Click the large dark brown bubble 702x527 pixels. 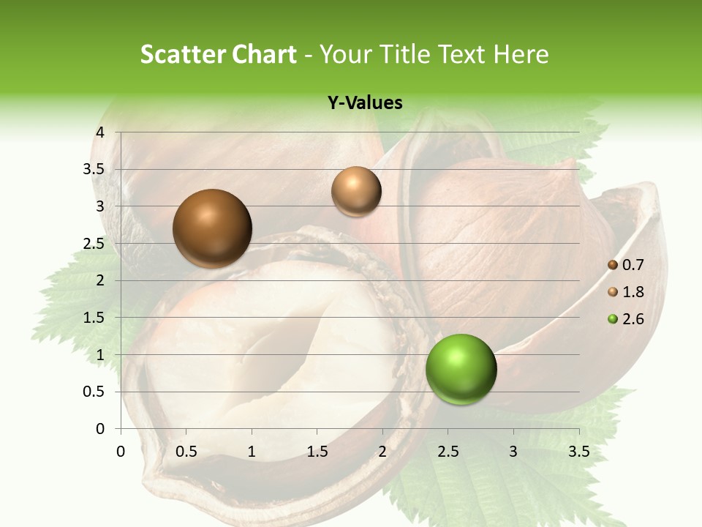(212, 228)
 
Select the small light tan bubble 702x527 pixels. (356, 191)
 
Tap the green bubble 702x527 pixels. (461, 369)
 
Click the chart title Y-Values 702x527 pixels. (364, 103)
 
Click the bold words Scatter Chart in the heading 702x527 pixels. (218, 54)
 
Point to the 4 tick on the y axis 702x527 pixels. (100, 132)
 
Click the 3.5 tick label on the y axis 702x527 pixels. (95, 169)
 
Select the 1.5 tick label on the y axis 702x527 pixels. (95, 318)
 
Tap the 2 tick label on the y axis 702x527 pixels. (100, 280)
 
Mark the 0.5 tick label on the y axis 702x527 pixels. (95, 392)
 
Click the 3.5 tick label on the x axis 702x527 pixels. (578, 451)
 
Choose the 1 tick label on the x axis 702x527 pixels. (252, 451)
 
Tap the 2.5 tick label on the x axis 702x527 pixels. (448, 451)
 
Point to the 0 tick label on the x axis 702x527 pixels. (121, 451)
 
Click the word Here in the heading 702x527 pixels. (520, 54)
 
